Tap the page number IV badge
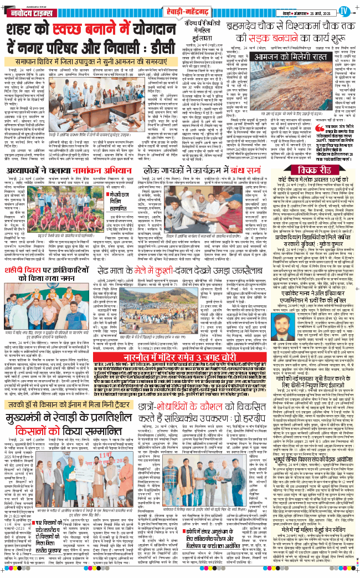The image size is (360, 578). point(344,9)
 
